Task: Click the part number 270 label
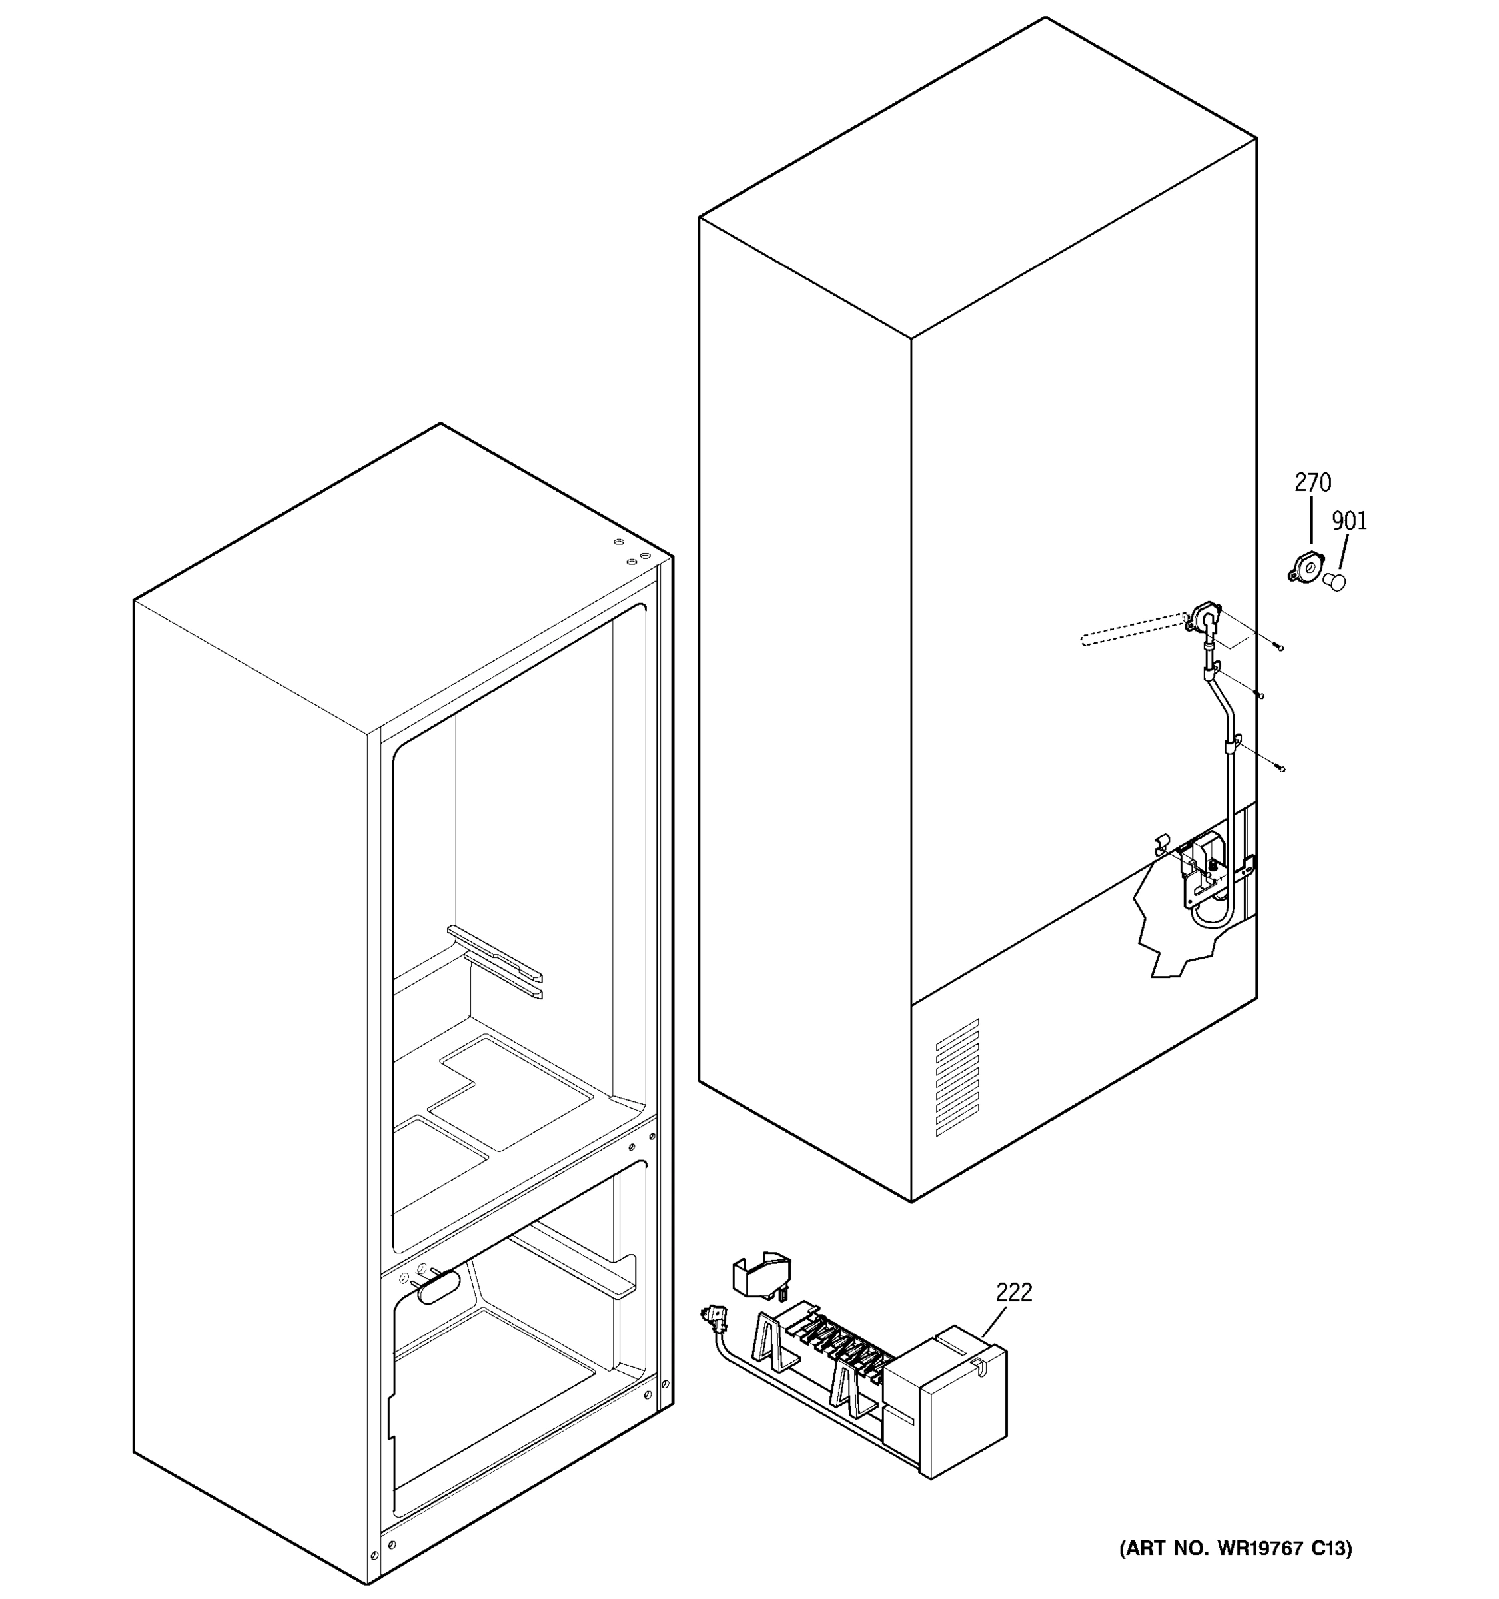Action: (1312, 482)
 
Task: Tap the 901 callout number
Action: (1349, 521)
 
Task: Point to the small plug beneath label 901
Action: (1335, 581)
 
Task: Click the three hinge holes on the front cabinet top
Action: (632, 551)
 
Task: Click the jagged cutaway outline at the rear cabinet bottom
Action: (1158, 925)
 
